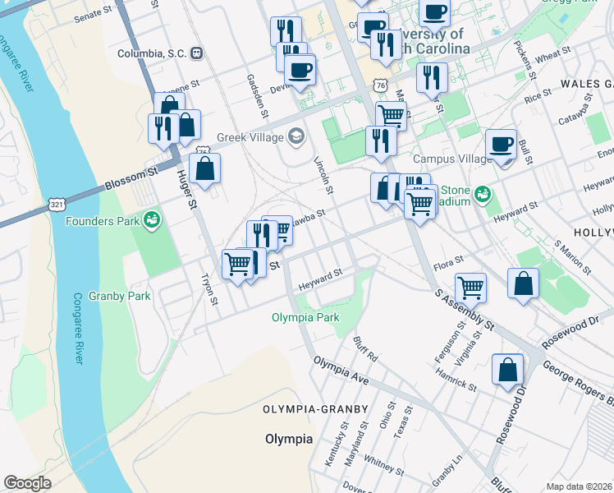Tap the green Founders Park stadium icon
[x=152, y=219]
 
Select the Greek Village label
[x=249, y=137]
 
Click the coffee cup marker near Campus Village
[x=500, y=145]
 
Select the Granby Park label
[x=120, y=296]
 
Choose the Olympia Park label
[x=305, y=317]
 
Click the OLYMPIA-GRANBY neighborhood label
[x=300, y=409]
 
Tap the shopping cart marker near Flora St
[x=470, y=287]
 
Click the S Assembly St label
[x=465, y=310]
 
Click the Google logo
[x=27, y=483]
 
